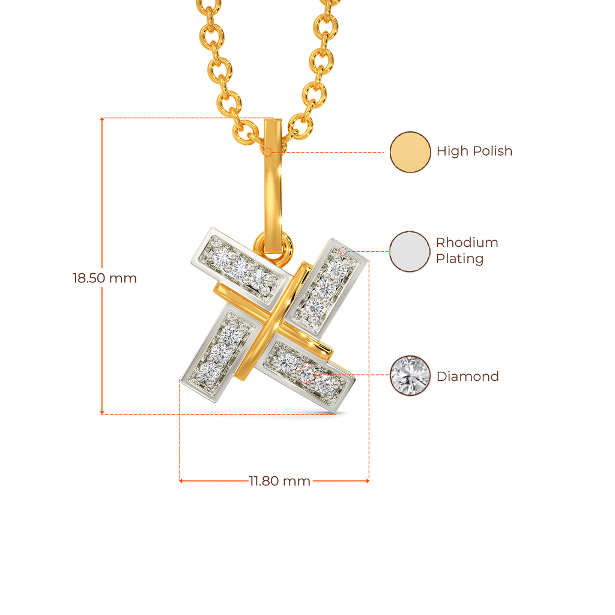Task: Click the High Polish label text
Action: point(474,151)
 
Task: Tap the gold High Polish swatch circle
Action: point(410,152)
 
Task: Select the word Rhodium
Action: point(467,243)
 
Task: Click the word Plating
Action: point(459,259)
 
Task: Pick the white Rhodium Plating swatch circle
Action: point(410,252)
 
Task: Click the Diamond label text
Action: point(467,377)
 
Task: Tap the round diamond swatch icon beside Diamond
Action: point(410,375)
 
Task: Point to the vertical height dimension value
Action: point(105,279)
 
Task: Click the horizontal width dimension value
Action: point(279,481)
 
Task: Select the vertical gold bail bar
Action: point(273,186)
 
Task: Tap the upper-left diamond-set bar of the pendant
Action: point(240,264)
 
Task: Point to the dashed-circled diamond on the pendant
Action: point(306,373)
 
